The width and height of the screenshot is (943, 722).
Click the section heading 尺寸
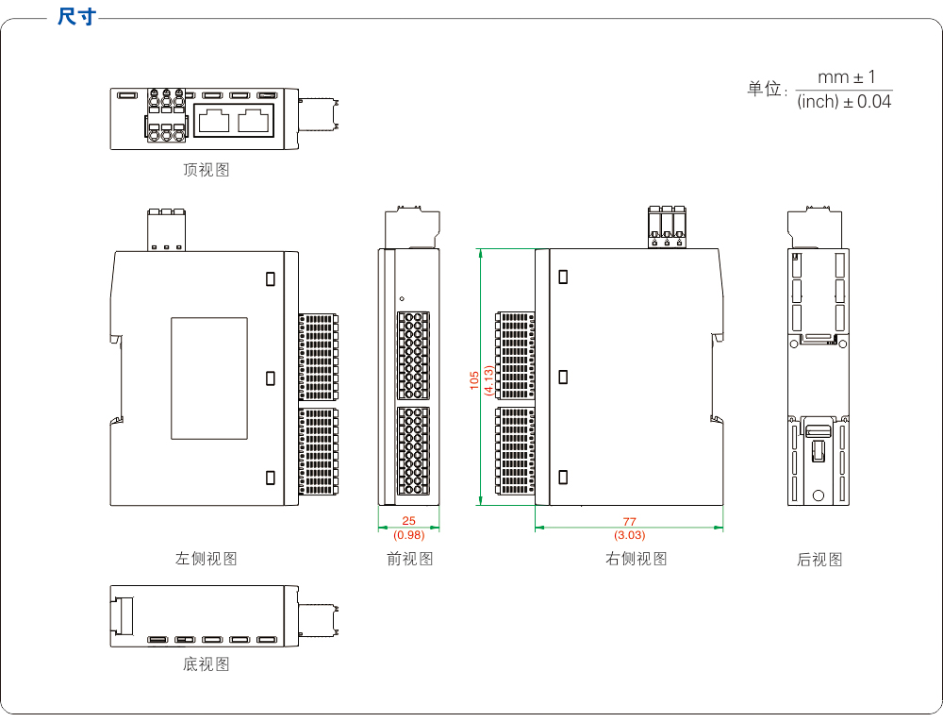76,16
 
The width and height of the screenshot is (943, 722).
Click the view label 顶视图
207,170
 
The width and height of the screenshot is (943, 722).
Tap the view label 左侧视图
207,559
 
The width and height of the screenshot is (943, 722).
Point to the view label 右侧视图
637,559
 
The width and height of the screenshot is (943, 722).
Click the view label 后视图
819,560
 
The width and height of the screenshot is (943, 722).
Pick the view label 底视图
207,664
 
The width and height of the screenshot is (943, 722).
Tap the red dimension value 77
630,521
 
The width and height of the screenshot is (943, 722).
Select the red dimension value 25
408,520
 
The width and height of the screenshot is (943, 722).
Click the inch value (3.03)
630,535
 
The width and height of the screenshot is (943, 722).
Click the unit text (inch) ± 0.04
844,102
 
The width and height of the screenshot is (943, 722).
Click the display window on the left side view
209,378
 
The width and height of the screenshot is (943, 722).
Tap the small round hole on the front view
402,296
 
